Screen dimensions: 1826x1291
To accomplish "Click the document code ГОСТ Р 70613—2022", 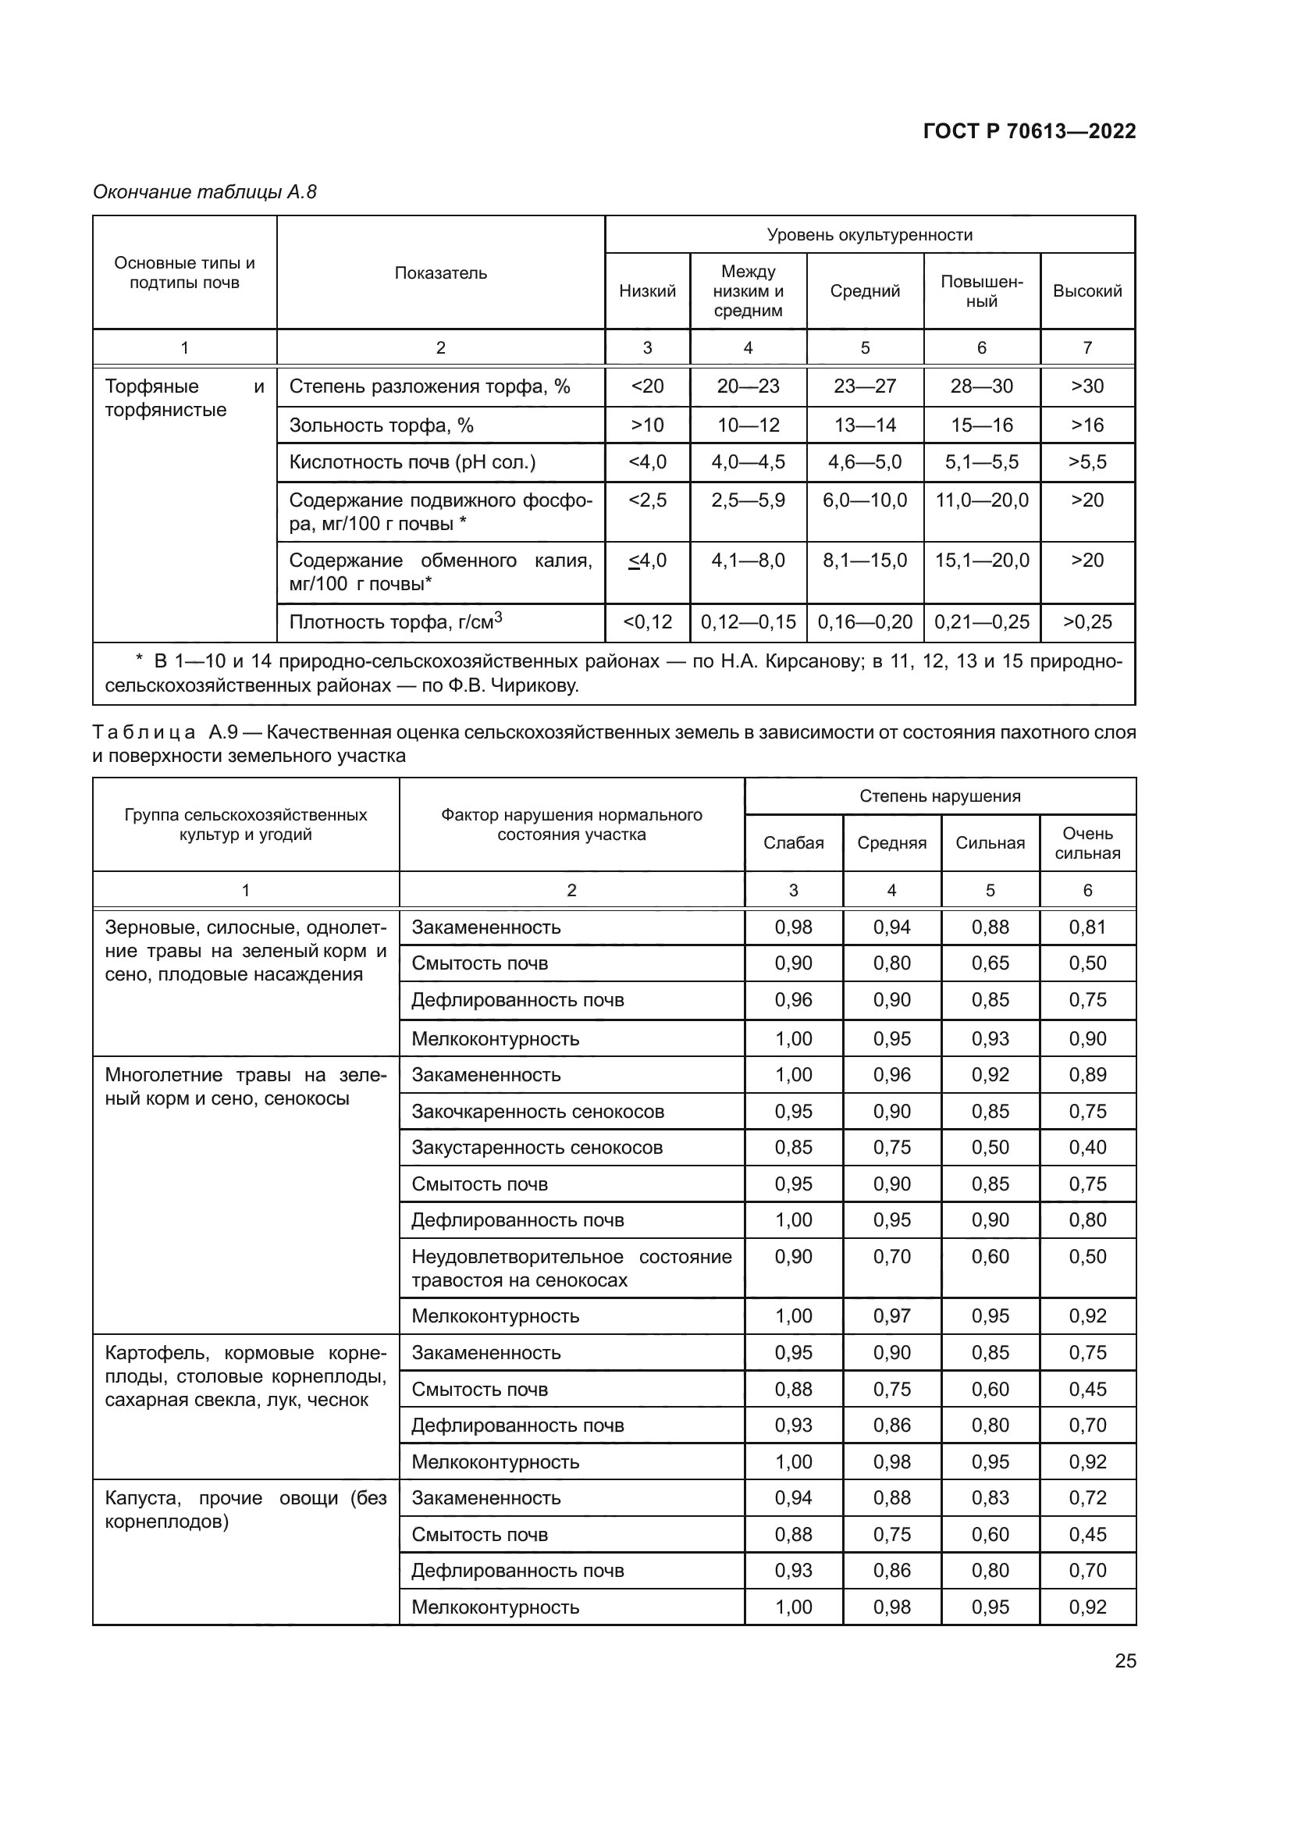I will [1029, 131].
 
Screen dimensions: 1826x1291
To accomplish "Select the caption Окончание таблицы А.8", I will [204, 192].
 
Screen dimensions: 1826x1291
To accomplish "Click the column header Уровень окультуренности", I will [869, 235].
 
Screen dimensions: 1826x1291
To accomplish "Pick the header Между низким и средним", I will [747, 291].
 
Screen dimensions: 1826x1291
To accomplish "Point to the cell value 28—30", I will [981, 386].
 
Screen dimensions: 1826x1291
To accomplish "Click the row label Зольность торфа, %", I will [381, 425].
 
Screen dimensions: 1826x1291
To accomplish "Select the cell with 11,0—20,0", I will [981, 500].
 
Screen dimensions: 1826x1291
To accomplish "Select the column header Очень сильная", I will [1087, 843].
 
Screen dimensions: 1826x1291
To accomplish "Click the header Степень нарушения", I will [940, 796].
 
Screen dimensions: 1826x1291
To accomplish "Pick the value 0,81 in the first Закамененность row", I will [1087, 927].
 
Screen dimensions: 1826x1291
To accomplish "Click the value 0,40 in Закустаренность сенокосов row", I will [1087, 1148].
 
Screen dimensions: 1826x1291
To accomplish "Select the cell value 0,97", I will [891, 1316].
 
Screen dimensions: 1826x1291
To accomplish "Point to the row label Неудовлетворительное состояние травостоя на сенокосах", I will [571, 1268].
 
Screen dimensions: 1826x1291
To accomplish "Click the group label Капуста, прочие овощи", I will [245, 1510].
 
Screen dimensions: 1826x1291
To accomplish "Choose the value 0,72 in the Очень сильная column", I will [1087, 1498].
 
